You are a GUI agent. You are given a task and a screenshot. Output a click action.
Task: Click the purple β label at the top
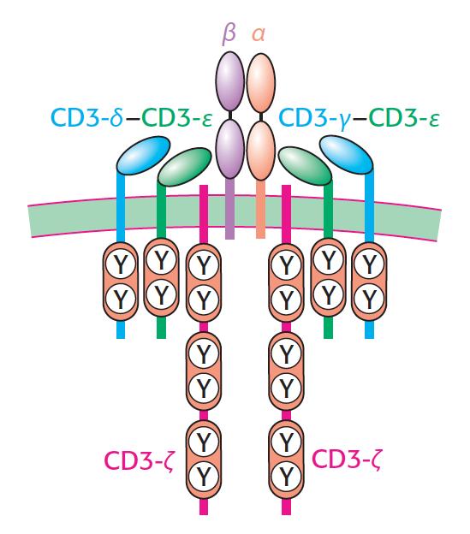[x=229, y=35]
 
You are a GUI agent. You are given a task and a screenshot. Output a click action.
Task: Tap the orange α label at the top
[x=259, y=35]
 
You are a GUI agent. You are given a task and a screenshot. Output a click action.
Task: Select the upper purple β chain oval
[x=230, y=81]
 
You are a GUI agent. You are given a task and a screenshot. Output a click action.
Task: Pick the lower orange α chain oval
[x=261, y=150]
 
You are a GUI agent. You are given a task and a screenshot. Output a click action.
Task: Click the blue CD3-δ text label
[x=86, y=116]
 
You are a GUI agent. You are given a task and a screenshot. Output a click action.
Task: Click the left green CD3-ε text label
[x=177, y=117]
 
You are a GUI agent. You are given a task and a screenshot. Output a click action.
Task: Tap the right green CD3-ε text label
[x=404, y=117]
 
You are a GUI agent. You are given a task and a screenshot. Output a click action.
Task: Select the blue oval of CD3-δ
[x=143, y=156]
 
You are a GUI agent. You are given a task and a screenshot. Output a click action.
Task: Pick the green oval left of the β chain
[x=185, y=167]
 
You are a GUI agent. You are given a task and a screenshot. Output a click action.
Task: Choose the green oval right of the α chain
[x=305, y=166]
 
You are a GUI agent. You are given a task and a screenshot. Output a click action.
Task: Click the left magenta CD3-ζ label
[x=139, y=461]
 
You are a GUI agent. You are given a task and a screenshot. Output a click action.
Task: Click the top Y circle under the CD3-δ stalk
[x=120, y=264]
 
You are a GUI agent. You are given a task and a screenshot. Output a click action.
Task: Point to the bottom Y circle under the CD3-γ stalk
[x=369, y=299]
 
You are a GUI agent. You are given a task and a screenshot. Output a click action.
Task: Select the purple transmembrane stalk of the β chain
[x=230, y=209]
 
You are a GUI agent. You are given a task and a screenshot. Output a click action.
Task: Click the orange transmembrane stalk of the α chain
[x=260, y=209]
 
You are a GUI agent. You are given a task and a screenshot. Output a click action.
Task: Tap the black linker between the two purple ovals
[x=230, y=116]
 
